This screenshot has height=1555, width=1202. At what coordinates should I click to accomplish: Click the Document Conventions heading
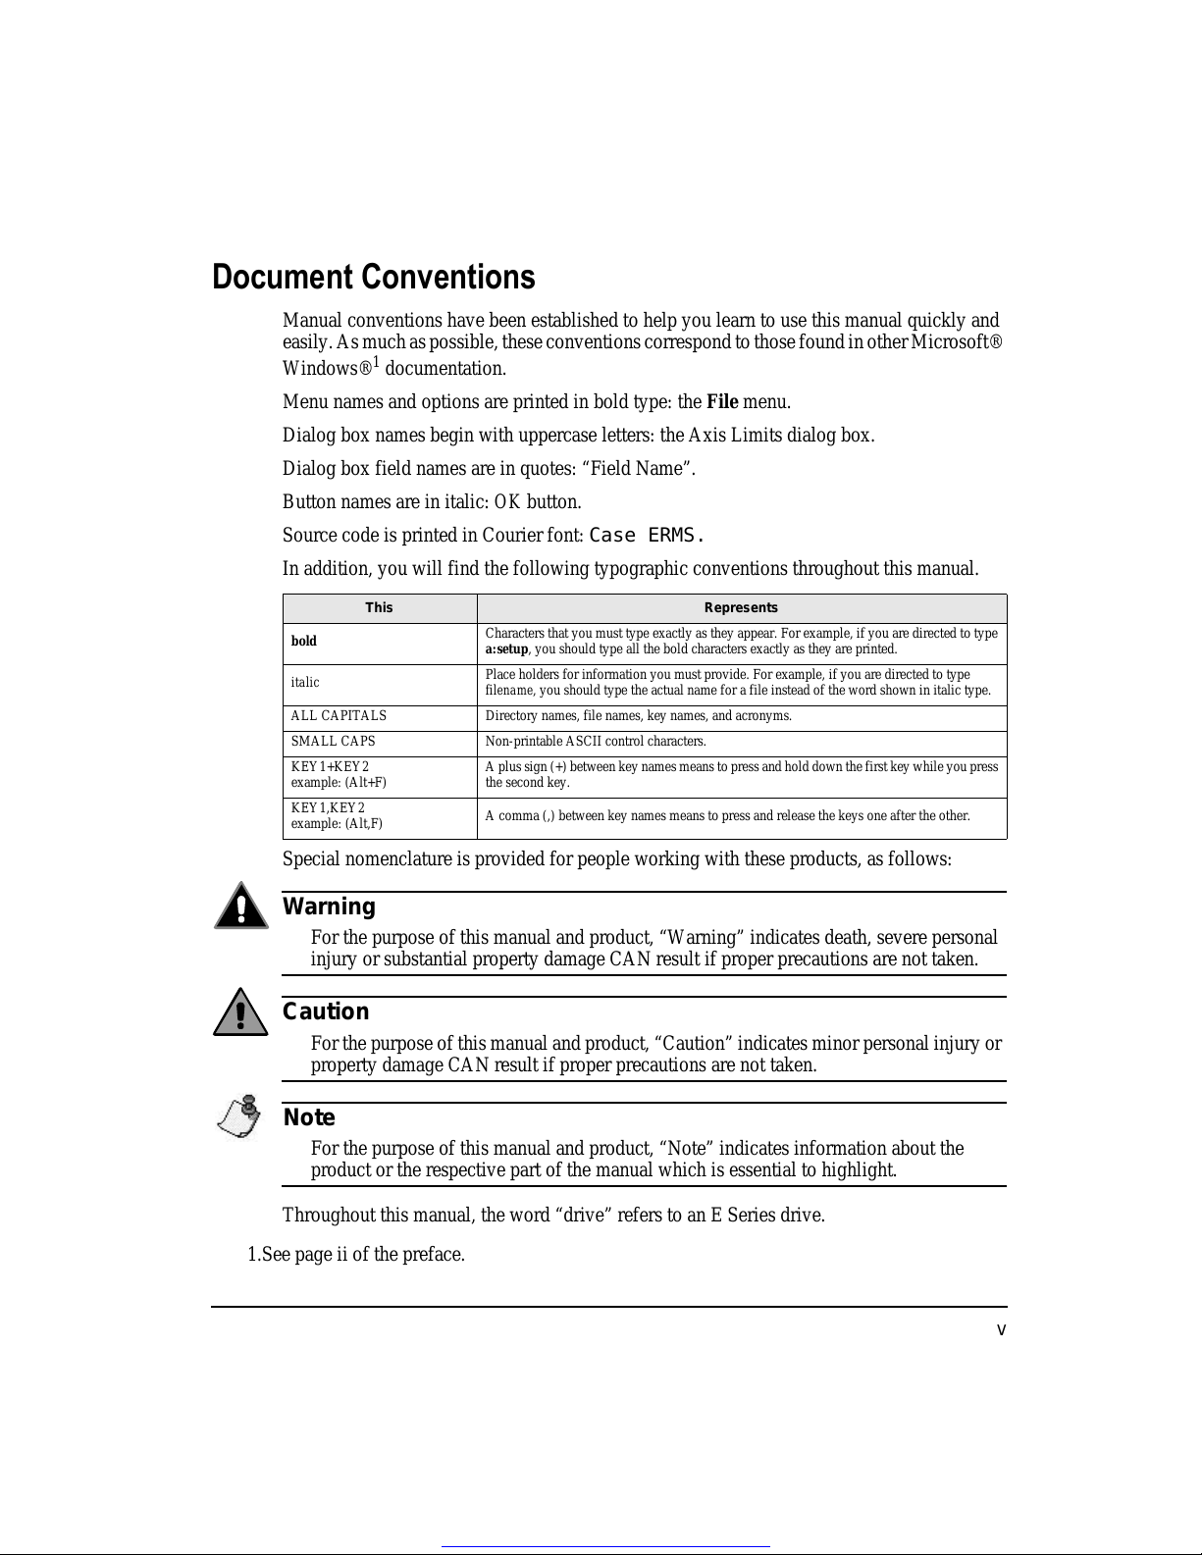(374, 278)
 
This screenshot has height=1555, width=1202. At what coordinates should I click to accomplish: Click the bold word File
(722, 402)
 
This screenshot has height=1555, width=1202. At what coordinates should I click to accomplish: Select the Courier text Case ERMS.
(647, 536)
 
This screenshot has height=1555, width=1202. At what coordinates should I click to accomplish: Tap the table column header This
(379, 608)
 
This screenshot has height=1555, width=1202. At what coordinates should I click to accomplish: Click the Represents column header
(741, 608)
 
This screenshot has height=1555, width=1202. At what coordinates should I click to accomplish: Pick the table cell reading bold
(304, 642)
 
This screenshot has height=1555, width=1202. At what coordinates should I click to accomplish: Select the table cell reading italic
(305, 683)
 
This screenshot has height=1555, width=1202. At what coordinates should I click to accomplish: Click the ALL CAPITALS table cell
(339, 716)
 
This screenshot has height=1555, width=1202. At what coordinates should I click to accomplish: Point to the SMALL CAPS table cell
(333, 742)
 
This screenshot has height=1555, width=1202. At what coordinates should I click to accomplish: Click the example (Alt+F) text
(339, 783)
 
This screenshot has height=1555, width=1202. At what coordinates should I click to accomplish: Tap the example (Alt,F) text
(337, 824)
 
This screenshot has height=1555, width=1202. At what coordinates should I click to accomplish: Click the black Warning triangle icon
(240, 906)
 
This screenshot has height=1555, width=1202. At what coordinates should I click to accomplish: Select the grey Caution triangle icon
(240, 1012)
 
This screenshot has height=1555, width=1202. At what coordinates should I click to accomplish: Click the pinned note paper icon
(239, 1116)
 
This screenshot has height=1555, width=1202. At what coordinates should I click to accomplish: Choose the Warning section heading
(329, 907)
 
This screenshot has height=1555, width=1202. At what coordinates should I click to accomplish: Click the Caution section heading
(326, 1011)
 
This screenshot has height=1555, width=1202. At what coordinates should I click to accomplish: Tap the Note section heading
(309, 1117)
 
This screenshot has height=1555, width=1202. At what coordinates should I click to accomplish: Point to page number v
(1001, 1330)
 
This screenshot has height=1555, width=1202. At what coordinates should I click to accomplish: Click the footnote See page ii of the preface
(356, 1255)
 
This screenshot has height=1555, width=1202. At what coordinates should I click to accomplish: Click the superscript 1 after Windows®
(377, 362)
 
